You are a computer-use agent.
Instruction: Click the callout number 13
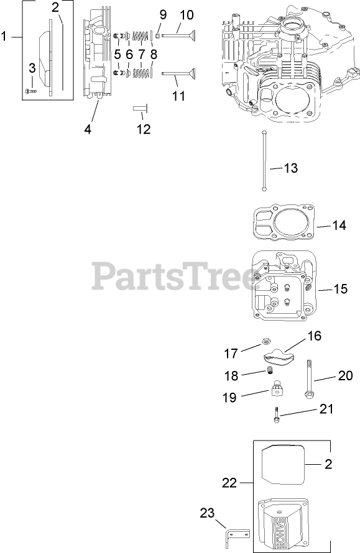291,168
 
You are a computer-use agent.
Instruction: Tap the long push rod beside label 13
264,160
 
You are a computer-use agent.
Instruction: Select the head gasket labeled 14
285,224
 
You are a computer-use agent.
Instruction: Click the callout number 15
341,289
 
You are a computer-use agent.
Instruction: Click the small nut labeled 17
265,341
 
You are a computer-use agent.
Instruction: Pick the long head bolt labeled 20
308,380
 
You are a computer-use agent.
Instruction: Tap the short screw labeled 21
276,414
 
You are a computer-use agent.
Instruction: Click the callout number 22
229,482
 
